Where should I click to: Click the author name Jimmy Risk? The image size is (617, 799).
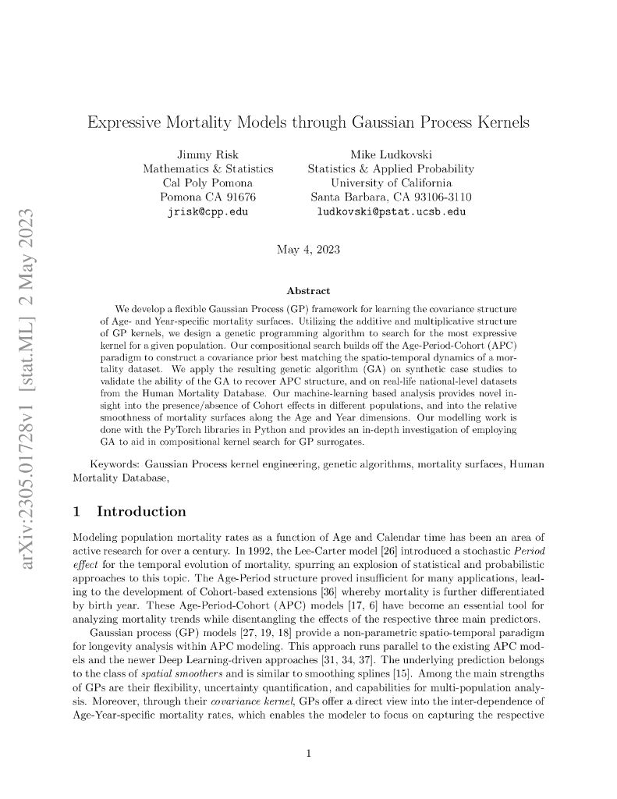[207, 154]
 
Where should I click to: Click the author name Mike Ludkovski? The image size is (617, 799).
[391, 154]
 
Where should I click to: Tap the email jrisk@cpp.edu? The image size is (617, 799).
[207, 211]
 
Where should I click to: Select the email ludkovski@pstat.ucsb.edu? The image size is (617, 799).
[391, 211]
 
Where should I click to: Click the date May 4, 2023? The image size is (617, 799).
[308, 250]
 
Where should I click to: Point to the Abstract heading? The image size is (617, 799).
[308, 291]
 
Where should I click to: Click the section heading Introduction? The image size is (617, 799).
[141, 512]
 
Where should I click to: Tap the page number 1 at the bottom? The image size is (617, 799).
[309, 754]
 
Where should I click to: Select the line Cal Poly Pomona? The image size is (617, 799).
[207, 183]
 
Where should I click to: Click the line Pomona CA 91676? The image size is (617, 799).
[207, 197]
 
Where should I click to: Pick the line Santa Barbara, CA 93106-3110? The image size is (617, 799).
[391, 197]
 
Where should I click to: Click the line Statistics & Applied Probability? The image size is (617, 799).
[391, 169]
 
